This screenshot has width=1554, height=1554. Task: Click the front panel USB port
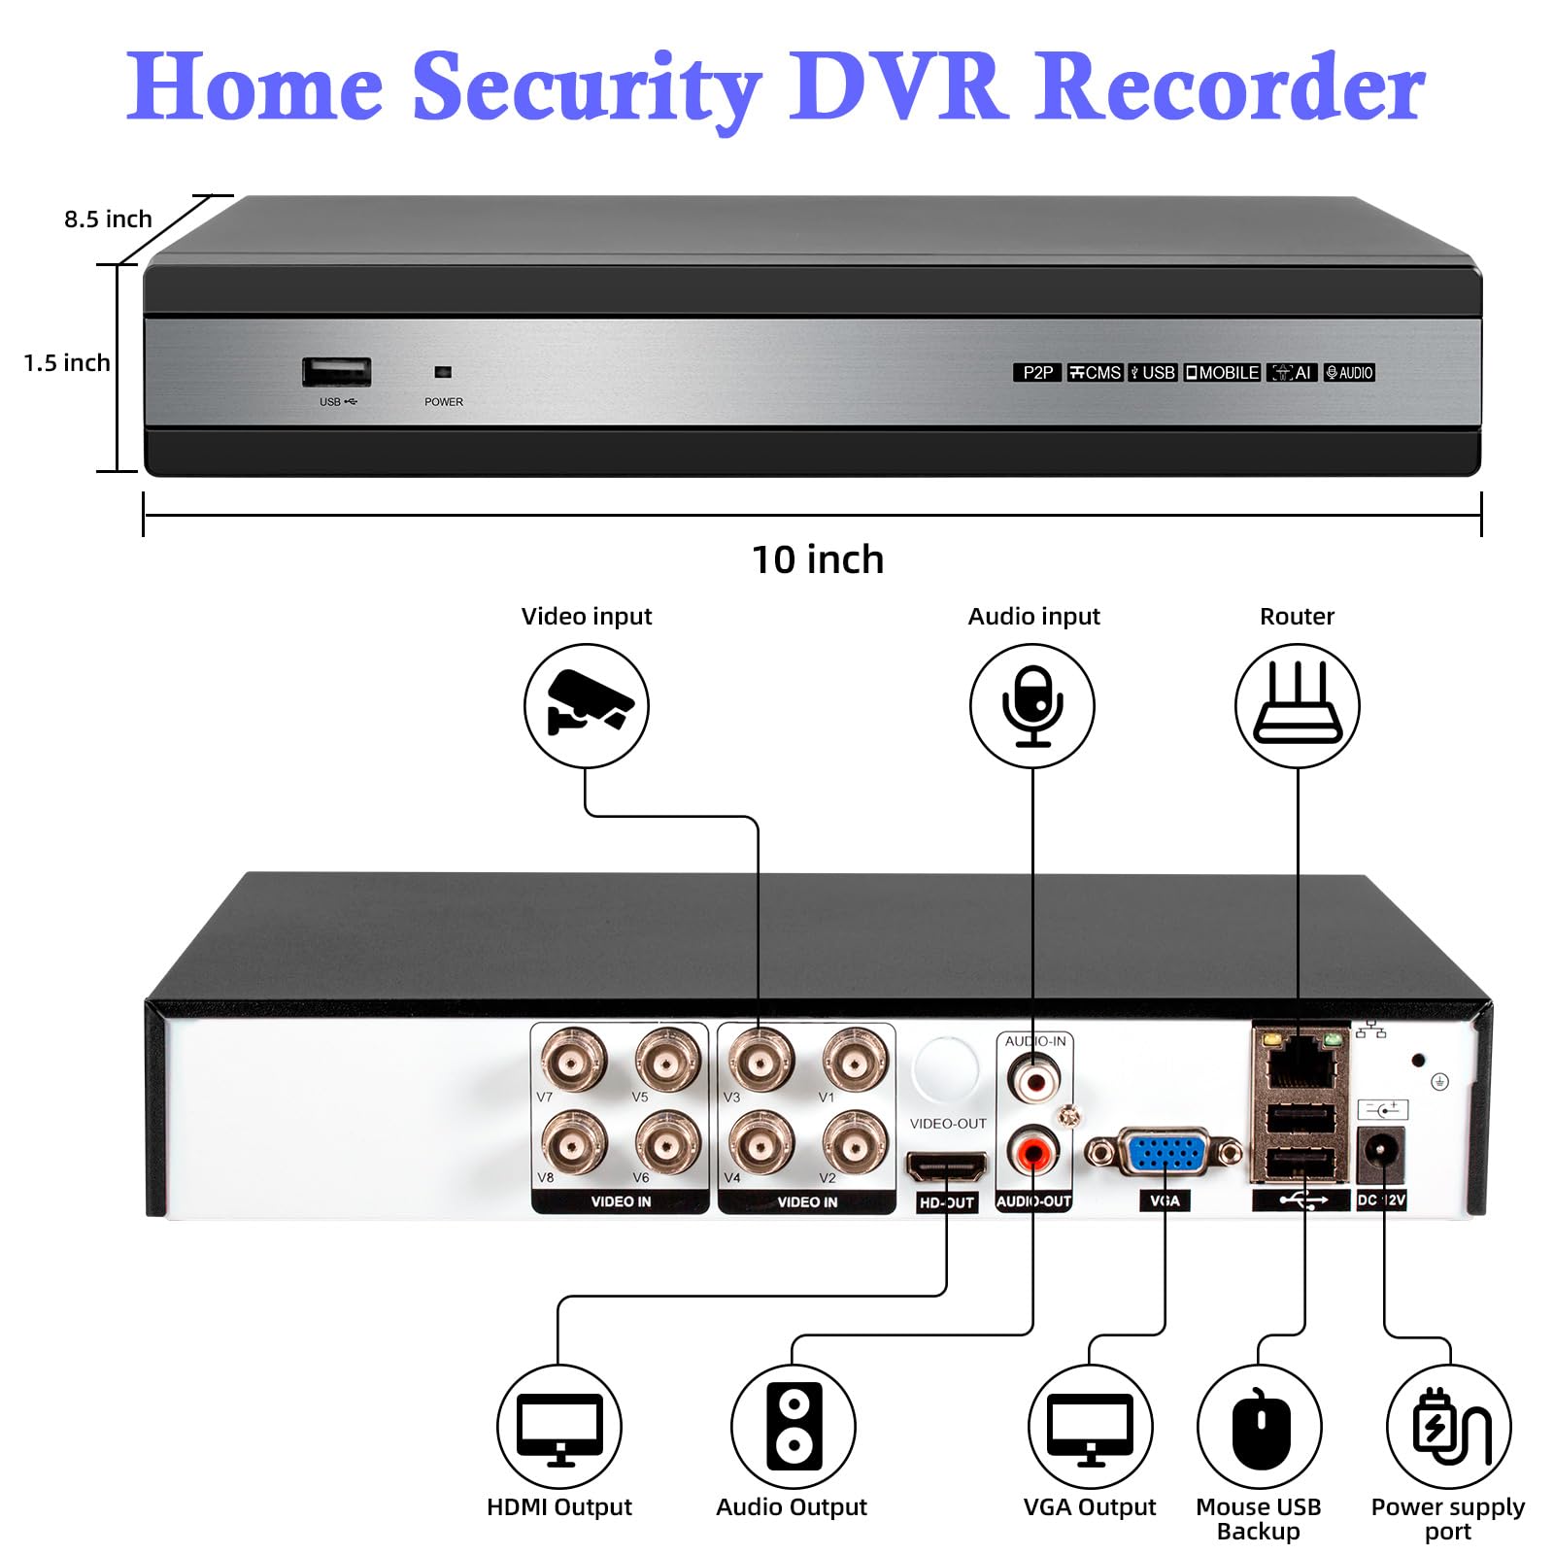point(336,372)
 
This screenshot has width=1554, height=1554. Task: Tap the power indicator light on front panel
point(443,372)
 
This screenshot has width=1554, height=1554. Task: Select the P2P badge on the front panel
point(1037,373)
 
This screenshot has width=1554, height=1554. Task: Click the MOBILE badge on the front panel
point(1222,373)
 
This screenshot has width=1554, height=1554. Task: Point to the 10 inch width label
point(818,560)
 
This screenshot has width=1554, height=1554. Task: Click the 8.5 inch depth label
point(108,220)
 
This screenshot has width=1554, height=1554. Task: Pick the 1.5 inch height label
point(66,363)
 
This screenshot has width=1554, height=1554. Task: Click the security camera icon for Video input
point(587,705)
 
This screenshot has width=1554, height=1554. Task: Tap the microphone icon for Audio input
point(1032,705)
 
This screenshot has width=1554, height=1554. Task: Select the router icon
point(1298,705)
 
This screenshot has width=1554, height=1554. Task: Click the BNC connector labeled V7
point(574,1060)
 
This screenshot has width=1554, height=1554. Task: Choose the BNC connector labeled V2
point(855,1142)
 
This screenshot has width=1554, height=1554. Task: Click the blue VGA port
point(1165,1154)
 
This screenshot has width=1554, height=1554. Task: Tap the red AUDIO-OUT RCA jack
point(1033,1153)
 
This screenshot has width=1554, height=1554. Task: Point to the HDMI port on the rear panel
point(946,1165)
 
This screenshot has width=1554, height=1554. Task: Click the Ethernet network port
point(1301,1067)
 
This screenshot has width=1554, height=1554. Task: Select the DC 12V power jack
point(1379,1153)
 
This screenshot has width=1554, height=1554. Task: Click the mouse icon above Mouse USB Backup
point(1260,1428)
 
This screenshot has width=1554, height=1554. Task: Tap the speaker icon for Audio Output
point(794,1427)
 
